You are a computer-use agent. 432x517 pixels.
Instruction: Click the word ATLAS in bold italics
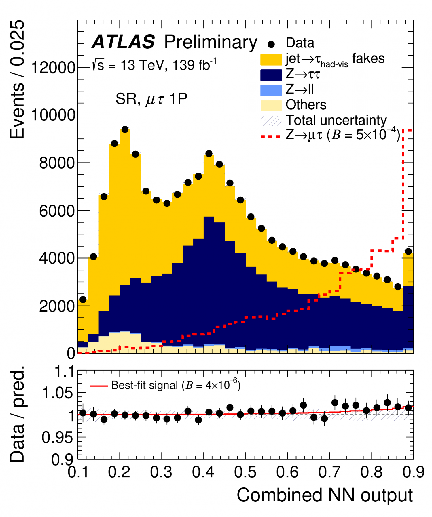click(123, 42)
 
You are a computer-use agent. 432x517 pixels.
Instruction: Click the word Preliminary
click(210, 42)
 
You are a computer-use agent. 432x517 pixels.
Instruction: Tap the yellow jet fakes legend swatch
click(271, 60)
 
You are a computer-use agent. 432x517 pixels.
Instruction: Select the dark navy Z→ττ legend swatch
click(271, 75)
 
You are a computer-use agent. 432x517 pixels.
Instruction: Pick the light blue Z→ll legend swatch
click(271, 90)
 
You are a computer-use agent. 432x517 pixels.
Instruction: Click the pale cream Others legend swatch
click(271, 105)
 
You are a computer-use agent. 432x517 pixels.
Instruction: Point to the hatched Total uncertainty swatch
click(271, 121)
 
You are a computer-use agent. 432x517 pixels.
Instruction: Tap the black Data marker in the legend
click(271, 44)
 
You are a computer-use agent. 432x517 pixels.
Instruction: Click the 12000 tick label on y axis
click(53, 68)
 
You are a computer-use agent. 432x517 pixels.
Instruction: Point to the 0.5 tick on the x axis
click(245, 472)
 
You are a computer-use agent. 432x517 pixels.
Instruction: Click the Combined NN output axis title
click(325, 495)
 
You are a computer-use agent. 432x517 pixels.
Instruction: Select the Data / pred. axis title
click(17, 414)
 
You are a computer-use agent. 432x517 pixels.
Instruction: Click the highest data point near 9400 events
click(125, 129)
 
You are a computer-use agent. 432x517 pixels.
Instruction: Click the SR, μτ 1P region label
click(151, 99)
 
